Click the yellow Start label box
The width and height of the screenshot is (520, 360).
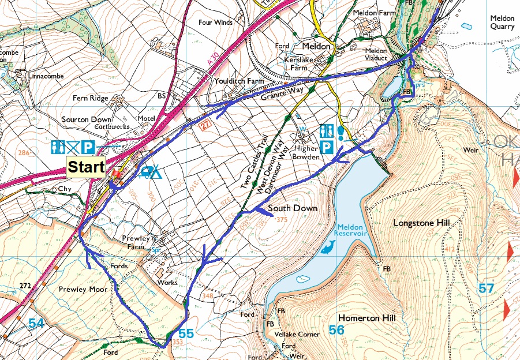86,168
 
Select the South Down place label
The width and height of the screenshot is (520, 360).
293,208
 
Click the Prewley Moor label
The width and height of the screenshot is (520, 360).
83,289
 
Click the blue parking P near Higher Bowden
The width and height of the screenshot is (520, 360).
327,147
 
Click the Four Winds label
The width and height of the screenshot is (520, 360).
215,22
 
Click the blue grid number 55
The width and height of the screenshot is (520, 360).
186,333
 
